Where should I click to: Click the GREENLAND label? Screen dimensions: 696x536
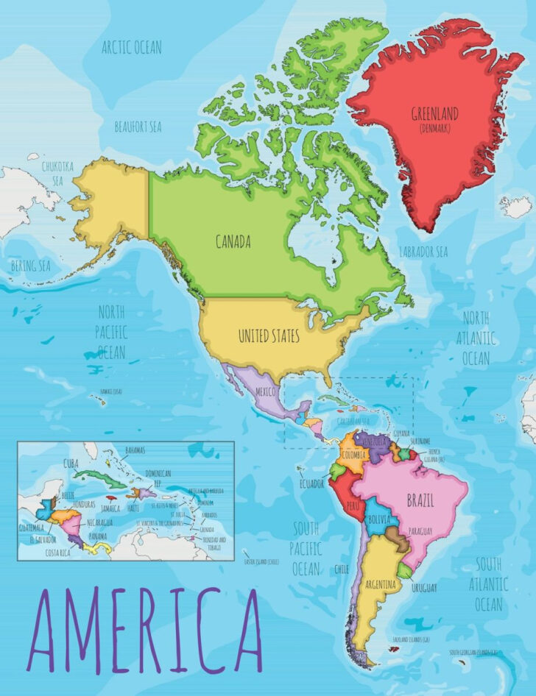click(435, 113)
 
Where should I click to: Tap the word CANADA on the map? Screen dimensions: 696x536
click(233, 241)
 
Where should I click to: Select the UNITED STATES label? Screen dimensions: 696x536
click(269, 336)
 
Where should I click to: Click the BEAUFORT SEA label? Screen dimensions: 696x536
click(138, 127)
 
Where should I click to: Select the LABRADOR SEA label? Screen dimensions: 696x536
click(423, 252)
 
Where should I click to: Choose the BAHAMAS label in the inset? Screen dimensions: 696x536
click(135, 450)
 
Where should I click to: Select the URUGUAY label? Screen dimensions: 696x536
click(424, 588)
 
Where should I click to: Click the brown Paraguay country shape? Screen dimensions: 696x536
click(401, 543)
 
